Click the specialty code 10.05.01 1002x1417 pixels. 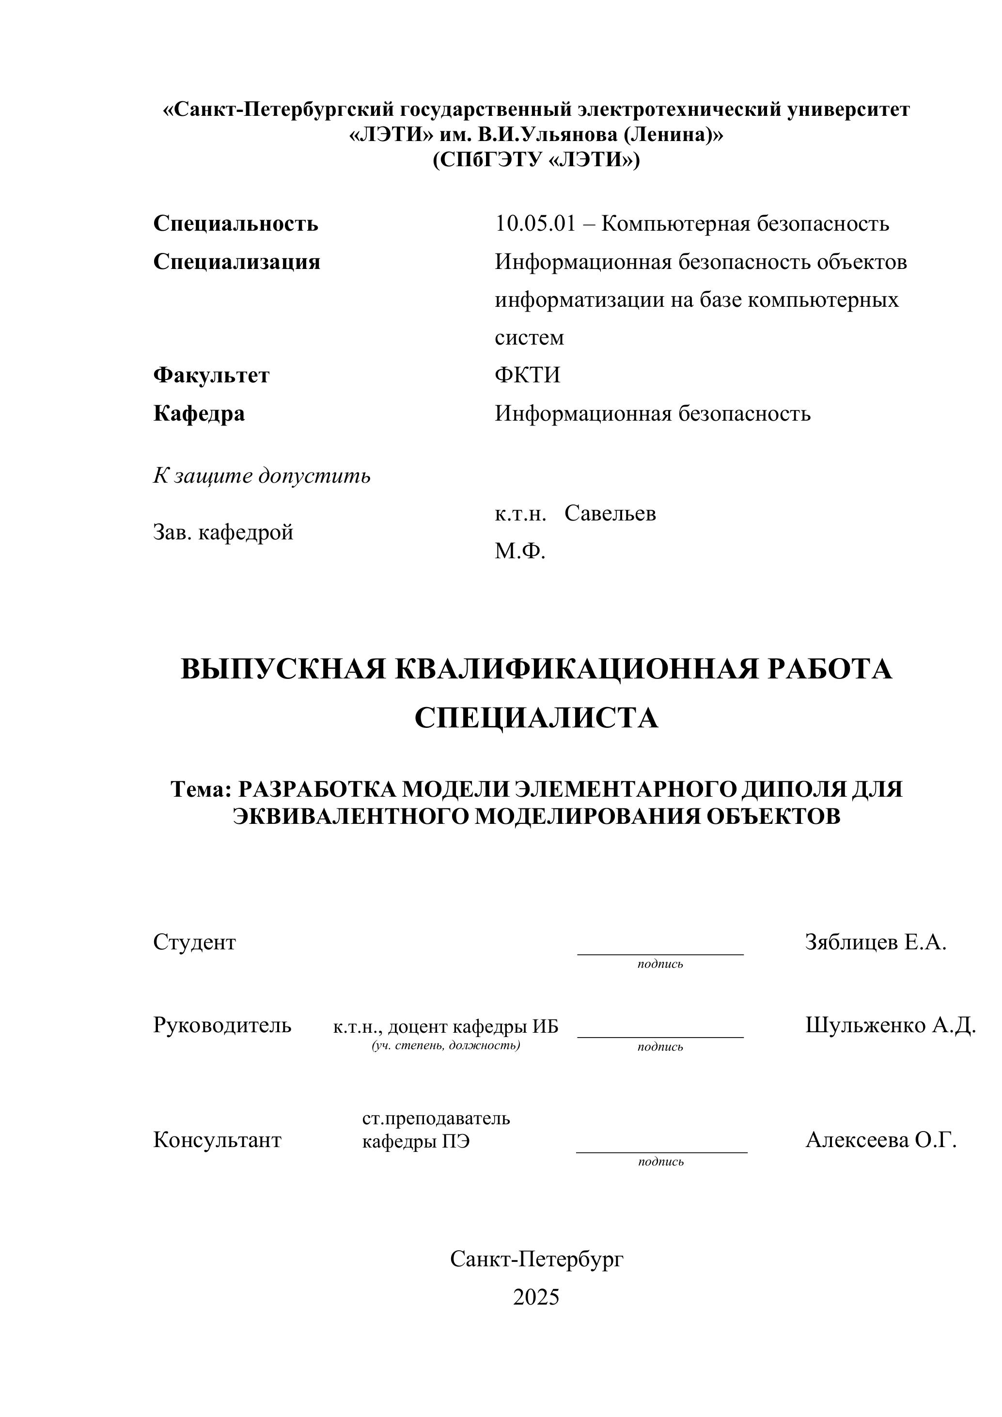pyautogui.click(x=534, y=223)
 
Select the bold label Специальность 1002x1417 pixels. pyautogui.click(x=235, y=223)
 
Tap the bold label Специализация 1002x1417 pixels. pyautogui.click(x=237, y=262)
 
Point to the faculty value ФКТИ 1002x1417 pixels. pyautogui.click(x=528, y=375)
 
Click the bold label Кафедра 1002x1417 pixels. pyautogui.click(x=199, y=413)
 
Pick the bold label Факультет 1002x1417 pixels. pyautogui.click(x=211, y=375)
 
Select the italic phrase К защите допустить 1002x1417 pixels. pyautogui.click(x=262, y=476)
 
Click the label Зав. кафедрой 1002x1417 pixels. pyautogui.click(x=223, y=532)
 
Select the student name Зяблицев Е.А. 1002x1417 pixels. pyautogui.click(x=875, y=942)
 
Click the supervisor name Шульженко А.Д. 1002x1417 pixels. pyautogui.click(x=890, y=1024)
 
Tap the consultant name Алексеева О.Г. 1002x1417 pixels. pyautogui.click(x=880, y=1139)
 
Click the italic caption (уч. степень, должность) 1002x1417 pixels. pyautogui.click(x=445, y=1045)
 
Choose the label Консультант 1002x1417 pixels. pyautogui.click(x=217, y=1140)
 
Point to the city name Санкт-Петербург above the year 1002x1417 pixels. pyautogui.click(x=536, y=1259)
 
